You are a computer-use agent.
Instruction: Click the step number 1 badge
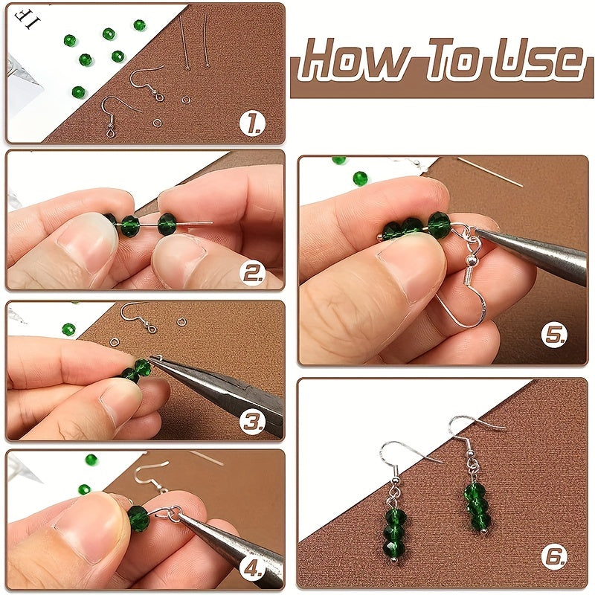pos(252,123)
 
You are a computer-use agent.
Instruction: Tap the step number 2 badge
pos(252,272)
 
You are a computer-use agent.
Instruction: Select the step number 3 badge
pos(252,421)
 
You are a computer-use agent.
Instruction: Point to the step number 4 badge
pos(252,568)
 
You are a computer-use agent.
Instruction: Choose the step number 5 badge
pos(554,334)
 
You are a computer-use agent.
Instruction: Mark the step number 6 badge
pos(554,556)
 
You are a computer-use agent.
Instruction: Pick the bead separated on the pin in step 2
pos(167,224)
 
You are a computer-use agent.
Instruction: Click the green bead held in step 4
pos(138,518)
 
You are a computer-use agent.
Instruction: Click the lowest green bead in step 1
pos(79,91)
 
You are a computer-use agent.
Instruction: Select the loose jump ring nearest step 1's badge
pos(157,123)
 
